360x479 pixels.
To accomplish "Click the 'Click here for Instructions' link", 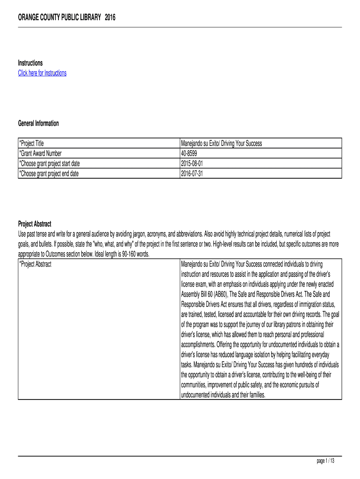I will tap(42, 73).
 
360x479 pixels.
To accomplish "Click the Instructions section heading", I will tap(30, 63).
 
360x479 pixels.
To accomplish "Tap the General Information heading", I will tap(38, 123).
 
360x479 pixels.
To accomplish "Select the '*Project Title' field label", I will tap(31, 144).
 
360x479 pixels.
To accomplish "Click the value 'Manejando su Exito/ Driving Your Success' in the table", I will tap(221, 144).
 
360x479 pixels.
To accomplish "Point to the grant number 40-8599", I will tap(190, 153).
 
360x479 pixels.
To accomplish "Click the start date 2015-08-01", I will tap(192, 163).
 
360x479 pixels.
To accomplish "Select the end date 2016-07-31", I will tap(192, 173).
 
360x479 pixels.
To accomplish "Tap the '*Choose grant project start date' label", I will tap(52, 163).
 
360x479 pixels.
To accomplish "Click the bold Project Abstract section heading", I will tap(35, 224).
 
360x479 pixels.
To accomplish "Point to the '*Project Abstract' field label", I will tap(35, 264).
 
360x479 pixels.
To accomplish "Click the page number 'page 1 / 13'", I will tap(326, 461).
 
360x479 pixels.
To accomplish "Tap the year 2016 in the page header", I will tap(110, 18).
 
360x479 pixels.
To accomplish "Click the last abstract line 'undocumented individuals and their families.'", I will tap(223, 395).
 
